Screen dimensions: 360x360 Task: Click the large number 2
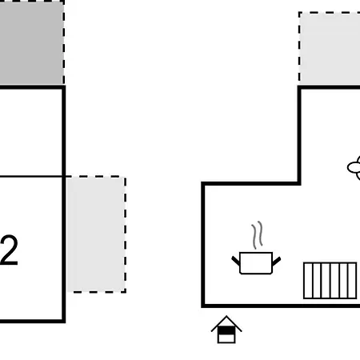[10, 250]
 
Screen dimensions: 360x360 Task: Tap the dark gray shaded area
[31, 42]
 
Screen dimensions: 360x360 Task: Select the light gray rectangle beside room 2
[96, 234]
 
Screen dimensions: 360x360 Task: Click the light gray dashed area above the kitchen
[330, 49]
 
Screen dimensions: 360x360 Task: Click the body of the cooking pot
[256, 263]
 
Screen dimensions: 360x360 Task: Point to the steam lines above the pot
[257, 234]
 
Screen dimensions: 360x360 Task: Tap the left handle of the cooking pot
[235, 261]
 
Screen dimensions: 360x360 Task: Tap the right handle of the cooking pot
[276, 261]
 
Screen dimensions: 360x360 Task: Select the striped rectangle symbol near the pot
[330, 281]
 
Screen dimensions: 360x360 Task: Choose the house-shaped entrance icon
[226, 330]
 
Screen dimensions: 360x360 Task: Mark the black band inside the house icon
[226, 330]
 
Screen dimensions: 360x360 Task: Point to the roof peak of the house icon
[226, 316]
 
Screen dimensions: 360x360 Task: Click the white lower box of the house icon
[226, 338]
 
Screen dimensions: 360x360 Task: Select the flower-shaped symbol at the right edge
[354, 168]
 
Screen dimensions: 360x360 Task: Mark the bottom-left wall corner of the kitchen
[203, 306]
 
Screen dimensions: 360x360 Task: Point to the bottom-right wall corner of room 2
[64, 321]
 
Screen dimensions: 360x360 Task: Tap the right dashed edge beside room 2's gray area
[126, 234]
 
